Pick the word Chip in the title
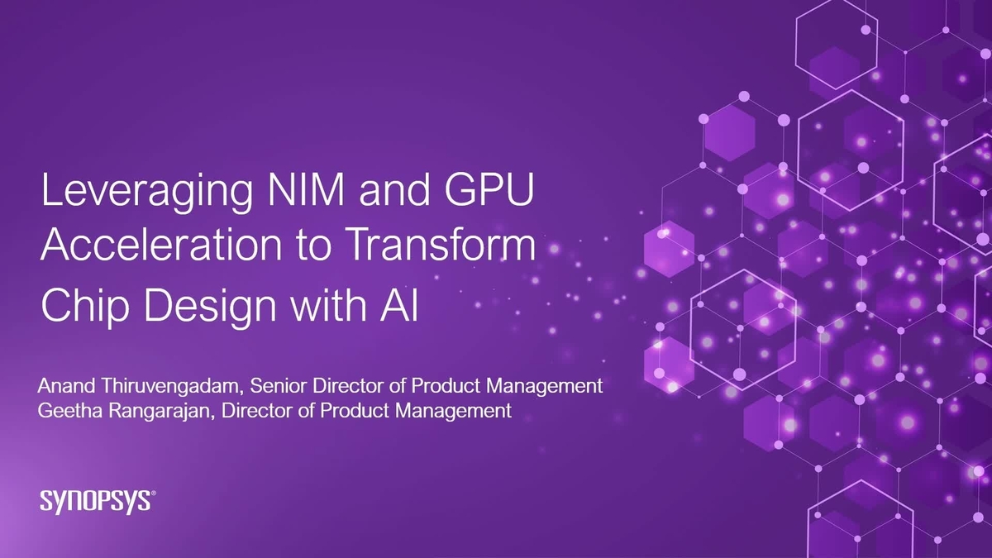click(78, 306)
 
